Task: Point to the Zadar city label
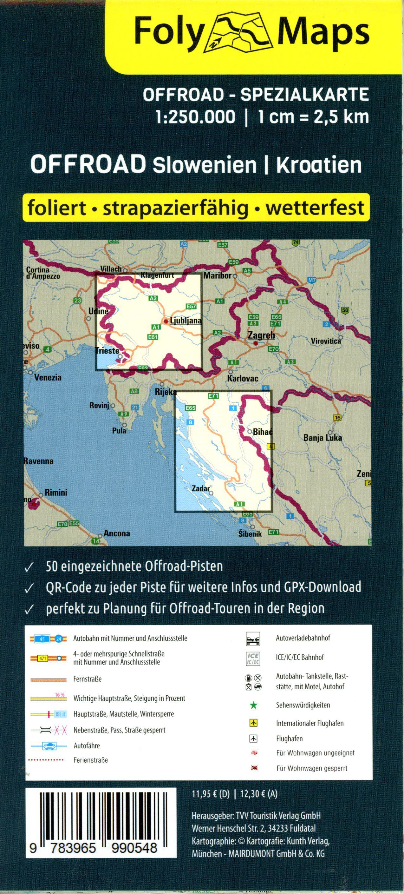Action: click(x=201, y=489)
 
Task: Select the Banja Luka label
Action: click(x=323, y=438)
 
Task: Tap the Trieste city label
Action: click(x=107, y=351)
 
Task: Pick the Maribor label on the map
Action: click(x=218, y=276)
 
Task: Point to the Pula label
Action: click(x=119, y=431)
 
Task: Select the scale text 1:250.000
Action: click(x=196, y=117)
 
